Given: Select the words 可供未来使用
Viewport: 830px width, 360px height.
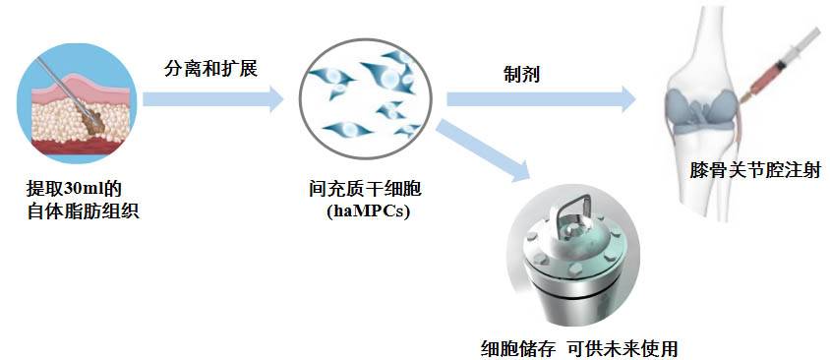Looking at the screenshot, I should pos(622,346).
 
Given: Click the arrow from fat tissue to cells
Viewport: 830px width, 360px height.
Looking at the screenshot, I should pos(211,98).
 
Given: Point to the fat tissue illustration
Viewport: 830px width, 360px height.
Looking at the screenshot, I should pos(76,110).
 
